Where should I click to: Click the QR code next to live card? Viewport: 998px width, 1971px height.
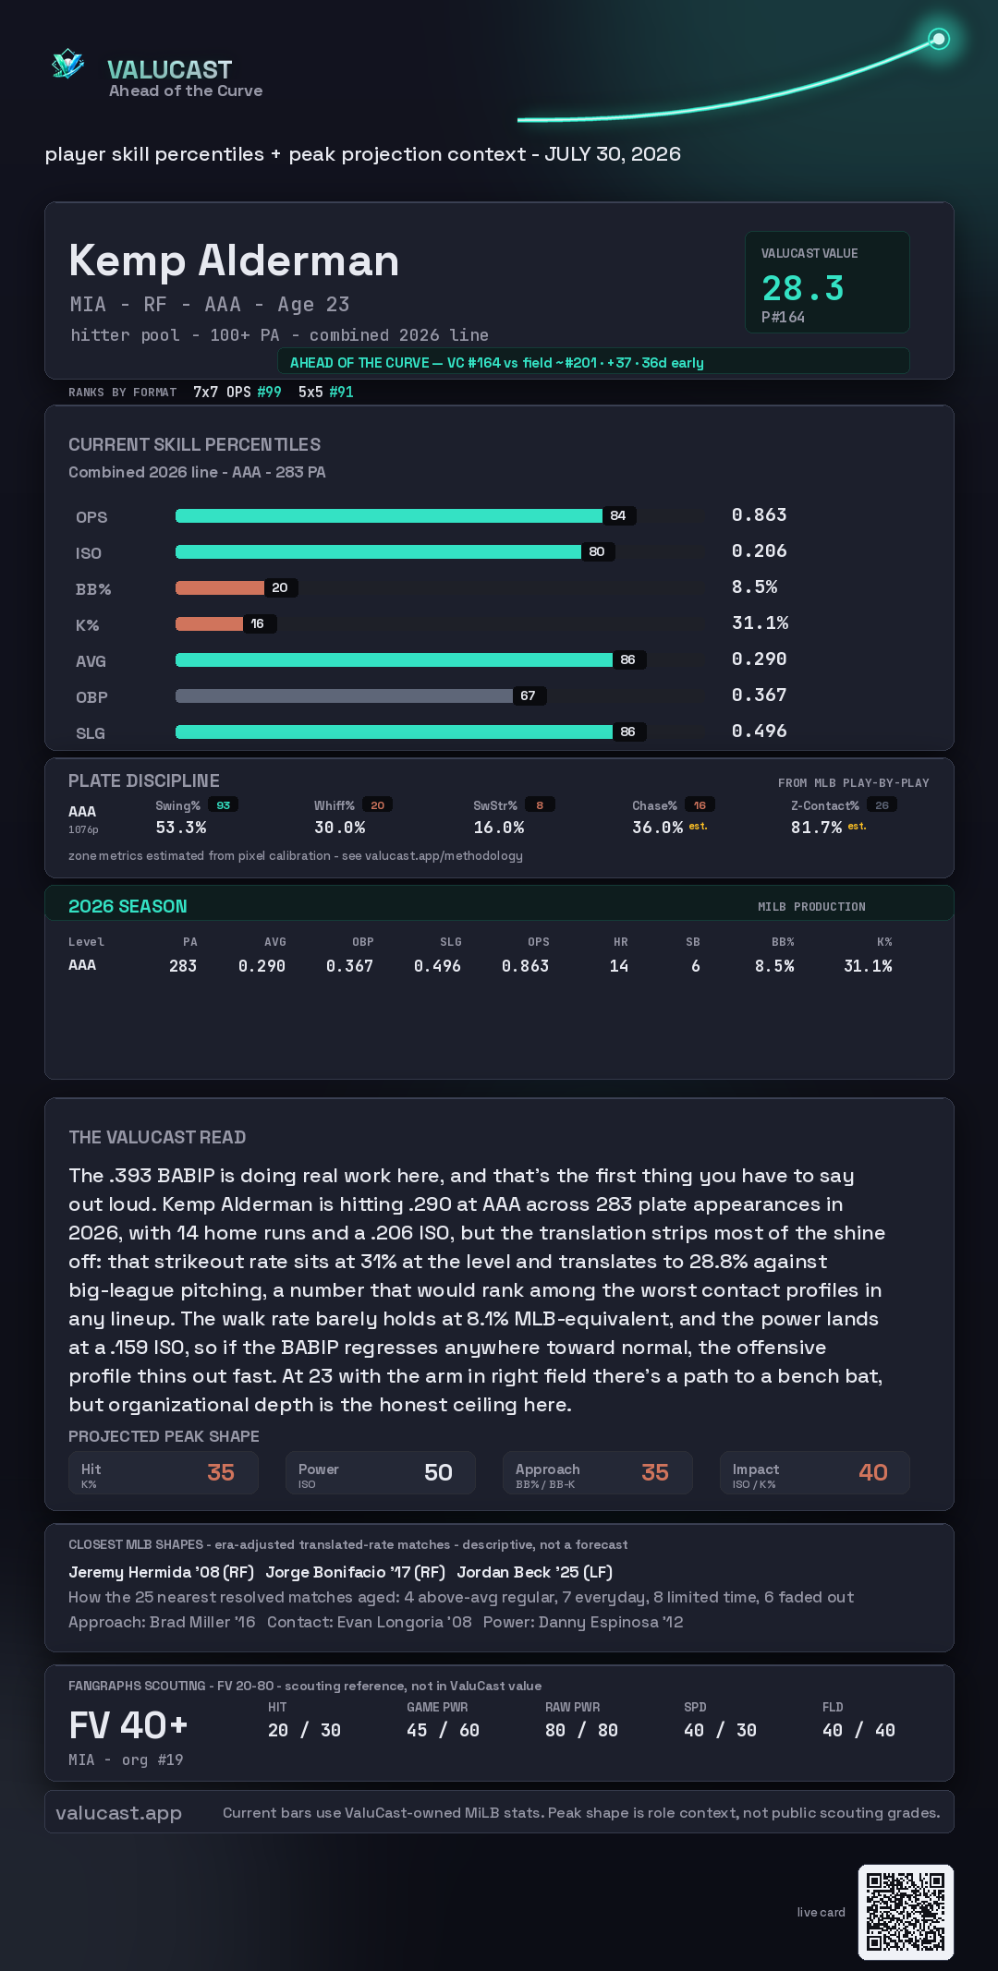(906, 1912)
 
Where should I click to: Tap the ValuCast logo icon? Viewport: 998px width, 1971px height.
(68, 64)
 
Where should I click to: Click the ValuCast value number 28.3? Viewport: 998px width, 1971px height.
(803, 288)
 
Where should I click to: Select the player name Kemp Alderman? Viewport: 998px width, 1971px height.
(234, 260)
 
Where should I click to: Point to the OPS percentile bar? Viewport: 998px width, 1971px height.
(389, 515)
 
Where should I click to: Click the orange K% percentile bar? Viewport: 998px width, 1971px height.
(210, 623)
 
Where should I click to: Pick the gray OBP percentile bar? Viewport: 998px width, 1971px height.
(345, 695)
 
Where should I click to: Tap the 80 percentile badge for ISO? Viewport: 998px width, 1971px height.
(597, 551)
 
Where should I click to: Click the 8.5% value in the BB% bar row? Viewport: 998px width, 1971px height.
(755, 587)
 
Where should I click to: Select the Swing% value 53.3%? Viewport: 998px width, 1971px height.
(181, 828)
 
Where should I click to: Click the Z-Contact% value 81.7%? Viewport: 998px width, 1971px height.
(816, 828)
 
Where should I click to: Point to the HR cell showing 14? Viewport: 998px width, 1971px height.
(619, 966)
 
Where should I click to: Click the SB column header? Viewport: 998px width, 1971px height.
(693, 942)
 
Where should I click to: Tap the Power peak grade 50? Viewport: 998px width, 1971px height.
(438, 1472)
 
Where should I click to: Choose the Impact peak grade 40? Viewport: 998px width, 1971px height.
(873, 1472)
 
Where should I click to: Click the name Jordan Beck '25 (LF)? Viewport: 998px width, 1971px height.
(535, 1572)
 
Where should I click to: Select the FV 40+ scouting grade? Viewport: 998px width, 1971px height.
(128, 1725)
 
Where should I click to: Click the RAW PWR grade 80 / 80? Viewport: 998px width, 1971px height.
(581, 1730)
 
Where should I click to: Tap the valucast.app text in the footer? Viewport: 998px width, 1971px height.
(118, 1812)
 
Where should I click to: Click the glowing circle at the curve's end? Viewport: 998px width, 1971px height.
(939, 39)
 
